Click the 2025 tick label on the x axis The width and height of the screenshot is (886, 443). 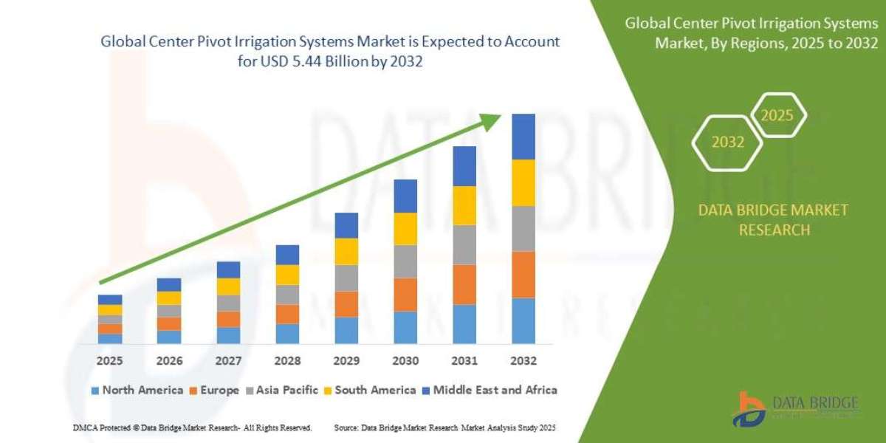click(109, 361)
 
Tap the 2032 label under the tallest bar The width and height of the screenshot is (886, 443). click(523, 361)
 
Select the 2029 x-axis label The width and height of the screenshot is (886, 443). click(346, 361)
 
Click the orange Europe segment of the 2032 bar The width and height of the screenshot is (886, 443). click(523, 274)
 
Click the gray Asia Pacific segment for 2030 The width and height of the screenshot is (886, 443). click(405, 261)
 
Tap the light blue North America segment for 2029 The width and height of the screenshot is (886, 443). click(346, 330)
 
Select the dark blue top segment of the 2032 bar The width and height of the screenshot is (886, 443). click(523, 137)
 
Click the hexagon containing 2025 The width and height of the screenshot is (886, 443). click(777, 116)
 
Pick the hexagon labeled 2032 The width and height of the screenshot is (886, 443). click(728, 142)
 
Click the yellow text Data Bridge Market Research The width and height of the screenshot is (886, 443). click(773, 220)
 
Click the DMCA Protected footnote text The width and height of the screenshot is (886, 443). click(193, 427)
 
